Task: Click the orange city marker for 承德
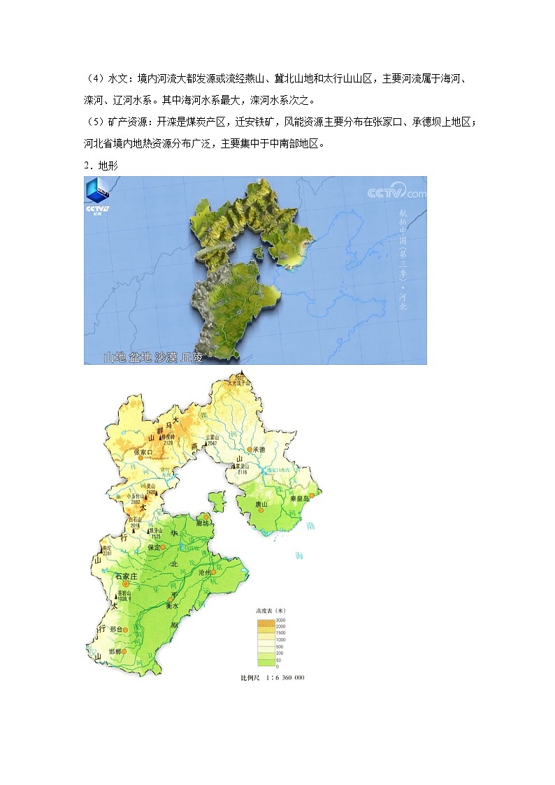coord(249,449)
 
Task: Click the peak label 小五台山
coord(136,496)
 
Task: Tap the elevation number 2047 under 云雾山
coord(213,444)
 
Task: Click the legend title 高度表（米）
coord(271,610)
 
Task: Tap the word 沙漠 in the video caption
coord(159,357)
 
